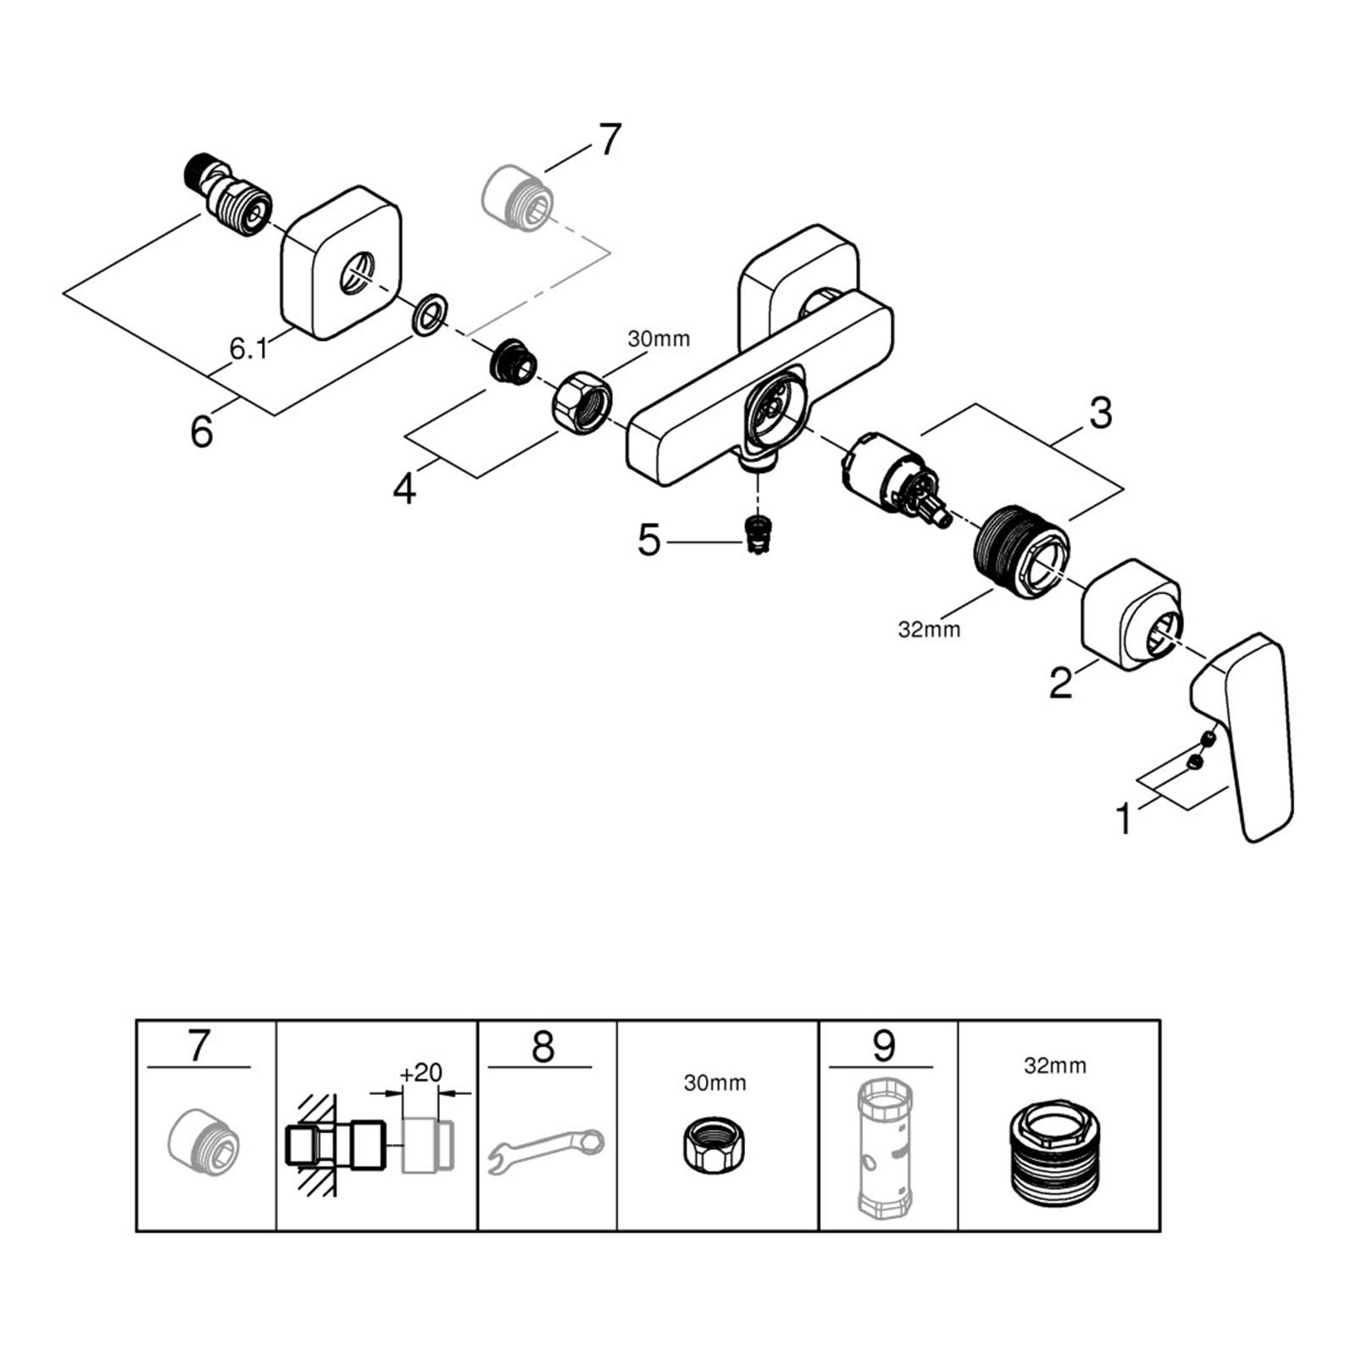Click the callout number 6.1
tap(247, 348)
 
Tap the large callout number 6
tap(202, 431)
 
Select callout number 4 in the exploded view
tap(404, 488)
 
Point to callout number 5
tap(648, 540)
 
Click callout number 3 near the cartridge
tap(1099, 414)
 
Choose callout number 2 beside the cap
tap(1060, 683)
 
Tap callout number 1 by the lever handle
tap(1124, 819)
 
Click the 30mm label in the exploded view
tap(659, 339)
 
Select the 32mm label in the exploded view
tap(930, 630)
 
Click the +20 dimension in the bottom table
tap(421, 1073)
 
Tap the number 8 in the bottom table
tap(542, 1047)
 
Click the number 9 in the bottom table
tap(883, 1047)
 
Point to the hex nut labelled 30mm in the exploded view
tap(581, 397)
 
